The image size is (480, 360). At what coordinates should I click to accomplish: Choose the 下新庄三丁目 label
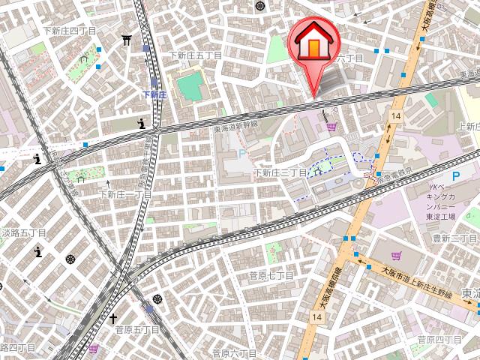[x=280, y=172]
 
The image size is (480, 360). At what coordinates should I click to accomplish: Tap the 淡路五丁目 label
[x=23, y=233]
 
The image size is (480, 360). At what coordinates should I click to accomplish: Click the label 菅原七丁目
[x=271, y=276]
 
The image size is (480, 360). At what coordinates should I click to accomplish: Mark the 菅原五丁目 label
[x=137, y=329]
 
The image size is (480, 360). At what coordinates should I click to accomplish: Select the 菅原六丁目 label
[x=235, y=352]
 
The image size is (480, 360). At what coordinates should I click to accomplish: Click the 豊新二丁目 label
[x=454, y=238]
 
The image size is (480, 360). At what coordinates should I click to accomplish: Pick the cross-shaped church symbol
[x=114, y=319]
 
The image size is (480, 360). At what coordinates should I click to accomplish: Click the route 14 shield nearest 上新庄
[x=395, y=115]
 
